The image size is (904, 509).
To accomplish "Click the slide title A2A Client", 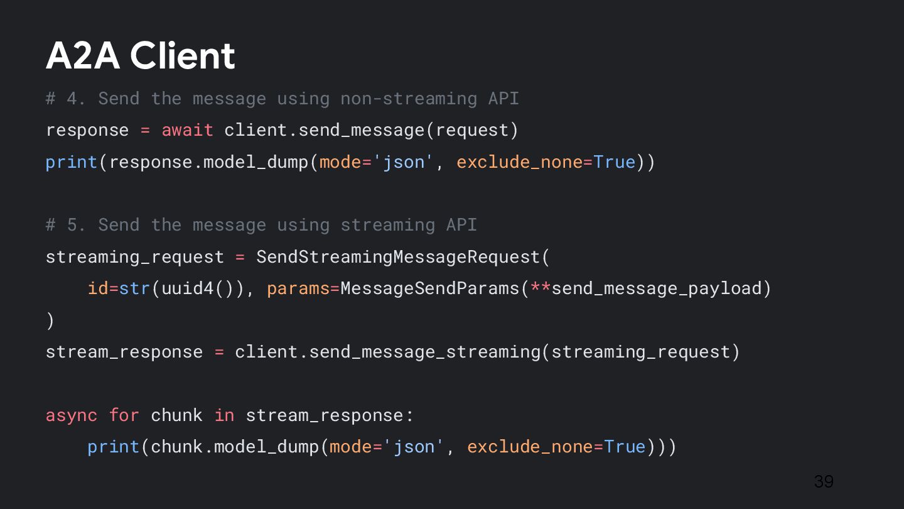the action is click(x=141, y=55).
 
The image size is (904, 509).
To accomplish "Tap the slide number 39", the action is click(x=823, y=481).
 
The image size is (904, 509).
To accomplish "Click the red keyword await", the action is click(x=187, y=130).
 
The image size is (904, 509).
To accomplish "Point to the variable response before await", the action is click(x=87, y=130).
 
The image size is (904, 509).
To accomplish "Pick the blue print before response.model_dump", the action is click(x=72, y=162).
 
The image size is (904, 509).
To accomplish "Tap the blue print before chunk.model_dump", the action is click(x=113, y=447).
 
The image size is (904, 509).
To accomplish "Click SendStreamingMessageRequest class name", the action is click(x=398, y=257).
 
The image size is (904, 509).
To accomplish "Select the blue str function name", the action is click(x=135, y=288).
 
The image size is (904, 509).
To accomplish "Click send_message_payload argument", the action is click(x=656, y=288).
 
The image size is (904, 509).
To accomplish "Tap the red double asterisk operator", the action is click(x=541, y=288).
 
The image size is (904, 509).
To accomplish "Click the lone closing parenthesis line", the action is click(x=50, y=320).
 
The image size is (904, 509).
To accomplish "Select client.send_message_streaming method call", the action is click(x=387, y=352).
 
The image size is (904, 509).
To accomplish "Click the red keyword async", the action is click(x=72, y=415).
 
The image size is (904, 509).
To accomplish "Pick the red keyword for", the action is click(x=124, y=415).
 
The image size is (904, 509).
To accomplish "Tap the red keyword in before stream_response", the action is click(x=224, y=415).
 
